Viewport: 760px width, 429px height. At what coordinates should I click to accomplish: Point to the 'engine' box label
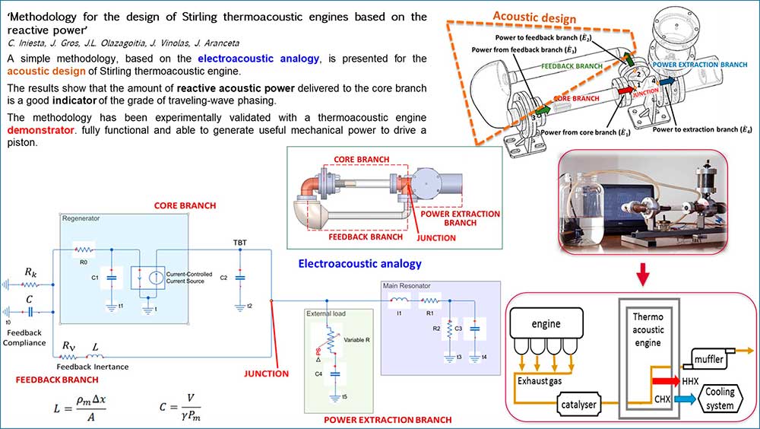(546, 323)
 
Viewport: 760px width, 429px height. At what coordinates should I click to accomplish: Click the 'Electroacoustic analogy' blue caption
(359, 264)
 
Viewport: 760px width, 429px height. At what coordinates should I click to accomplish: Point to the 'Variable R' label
(356, 339)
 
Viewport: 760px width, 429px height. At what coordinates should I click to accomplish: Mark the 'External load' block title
(326, 313)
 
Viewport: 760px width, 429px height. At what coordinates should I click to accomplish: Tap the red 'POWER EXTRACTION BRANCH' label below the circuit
(388, 420)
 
